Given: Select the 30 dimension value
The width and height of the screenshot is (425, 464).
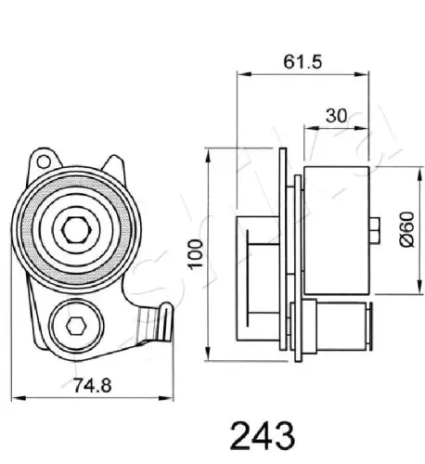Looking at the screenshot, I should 337,116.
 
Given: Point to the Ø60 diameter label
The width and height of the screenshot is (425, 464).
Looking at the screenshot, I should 405,227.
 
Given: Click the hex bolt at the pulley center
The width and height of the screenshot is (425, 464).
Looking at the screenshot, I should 74,229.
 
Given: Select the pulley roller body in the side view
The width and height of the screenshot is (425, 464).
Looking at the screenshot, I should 335,226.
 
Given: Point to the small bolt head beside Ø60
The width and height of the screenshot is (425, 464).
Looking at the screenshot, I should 373,226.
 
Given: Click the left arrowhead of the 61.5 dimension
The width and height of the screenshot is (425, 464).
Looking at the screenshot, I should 241,73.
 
